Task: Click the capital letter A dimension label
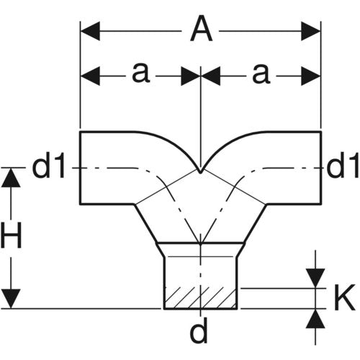[201, 29]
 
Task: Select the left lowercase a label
[141, 73]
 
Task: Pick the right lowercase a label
[261, 73]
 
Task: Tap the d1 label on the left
[48, 166]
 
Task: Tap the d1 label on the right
[343, 166]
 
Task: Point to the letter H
[11, 235]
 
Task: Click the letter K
[344, 297]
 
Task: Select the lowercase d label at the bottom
[199, 330]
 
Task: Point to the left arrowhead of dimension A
[90, 31]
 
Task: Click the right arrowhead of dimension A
[311, 31]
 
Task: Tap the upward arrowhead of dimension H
[11, 178]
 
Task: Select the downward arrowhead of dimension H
[11, 299]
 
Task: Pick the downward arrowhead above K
[315, 278]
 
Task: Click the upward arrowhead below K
[315, 319]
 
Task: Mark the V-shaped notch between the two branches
[200, 171]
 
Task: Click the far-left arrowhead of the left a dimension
[90, 76]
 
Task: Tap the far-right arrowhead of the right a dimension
[311, 76]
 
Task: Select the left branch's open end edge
[81, 168]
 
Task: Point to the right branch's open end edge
[321, 168]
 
